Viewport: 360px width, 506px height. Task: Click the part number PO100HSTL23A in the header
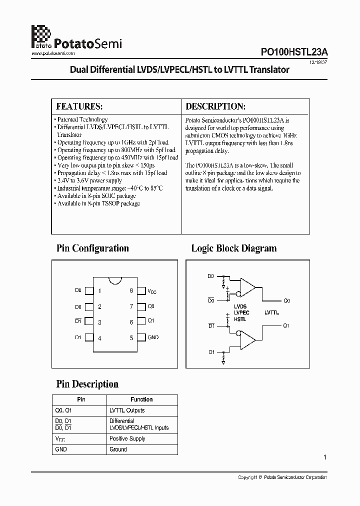click(293, 51)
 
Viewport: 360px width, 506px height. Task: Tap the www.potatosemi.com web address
click(53, 53)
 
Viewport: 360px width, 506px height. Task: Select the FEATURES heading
click(79, 106)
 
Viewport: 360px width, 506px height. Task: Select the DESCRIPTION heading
click(215, 106)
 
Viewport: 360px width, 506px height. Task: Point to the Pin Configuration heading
click(92, 248)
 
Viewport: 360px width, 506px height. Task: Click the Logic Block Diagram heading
click(234, 248)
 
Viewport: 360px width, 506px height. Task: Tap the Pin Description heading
click(87, 384)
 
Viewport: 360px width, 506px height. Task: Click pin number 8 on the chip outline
click(131, 290)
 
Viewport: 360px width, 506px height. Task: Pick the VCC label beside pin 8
click(151, 291)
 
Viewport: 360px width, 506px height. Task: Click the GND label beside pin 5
click(153, 337)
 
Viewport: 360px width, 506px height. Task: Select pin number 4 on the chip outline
click(100, 338)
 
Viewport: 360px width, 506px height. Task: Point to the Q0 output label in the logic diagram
click(286, 301)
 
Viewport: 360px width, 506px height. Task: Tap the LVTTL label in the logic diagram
click(271, 312)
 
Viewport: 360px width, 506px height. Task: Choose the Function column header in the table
click(141, 399)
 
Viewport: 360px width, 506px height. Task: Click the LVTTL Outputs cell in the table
click(127, 410)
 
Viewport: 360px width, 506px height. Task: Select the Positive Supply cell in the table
click(127, 438)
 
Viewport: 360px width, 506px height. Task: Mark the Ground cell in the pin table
click(118, 449)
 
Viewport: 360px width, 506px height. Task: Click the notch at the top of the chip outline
click(115, 279)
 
